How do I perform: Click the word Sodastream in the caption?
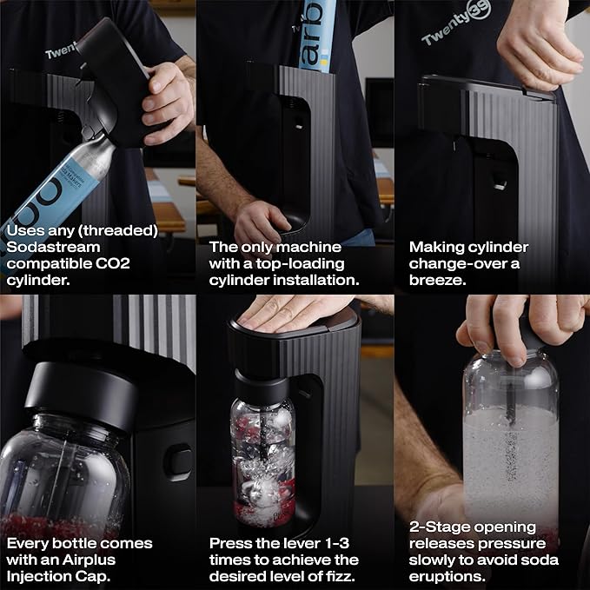tap(53, 247)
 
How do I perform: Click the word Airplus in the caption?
tap(89, 560)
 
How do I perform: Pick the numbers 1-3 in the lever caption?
tap(335, 543)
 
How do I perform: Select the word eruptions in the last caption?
tap(447, 576)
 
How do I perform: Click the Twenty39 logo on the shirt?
tap(456, 23)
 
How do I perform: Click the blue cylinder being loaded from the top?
tap(317, 36)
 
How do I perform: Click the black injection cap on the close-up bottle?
tap(81, 395)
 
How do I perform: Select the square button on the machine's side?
tap(178, 462)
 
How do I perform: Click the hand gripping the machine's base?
tap(260, 222)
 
